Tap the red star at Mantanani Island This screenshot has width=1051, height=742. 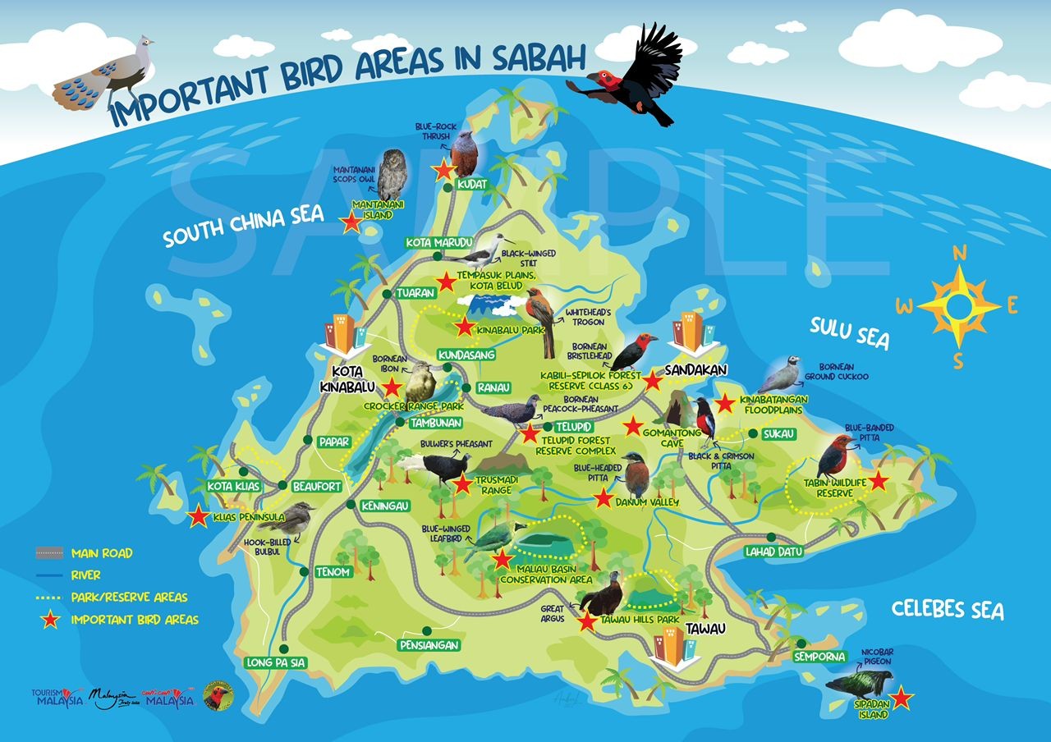352,222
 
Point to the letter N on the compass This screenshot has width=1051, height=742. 958,253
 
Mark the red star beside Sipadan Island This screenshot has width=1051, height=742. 902,698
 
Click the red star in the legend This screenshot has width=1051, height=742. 50,620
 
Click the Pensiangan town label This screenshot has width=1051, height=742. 428,644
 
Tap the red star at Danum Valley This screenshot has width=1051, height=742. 603,497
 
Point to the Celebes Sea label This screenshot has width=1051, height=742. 948,610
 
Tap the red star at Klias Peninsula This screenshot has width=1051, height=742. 198,517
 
